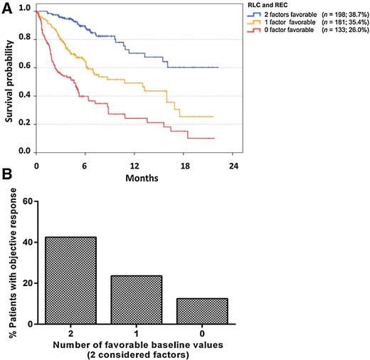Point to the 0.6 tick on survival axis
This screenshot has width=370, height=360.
tap(24, 68)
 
